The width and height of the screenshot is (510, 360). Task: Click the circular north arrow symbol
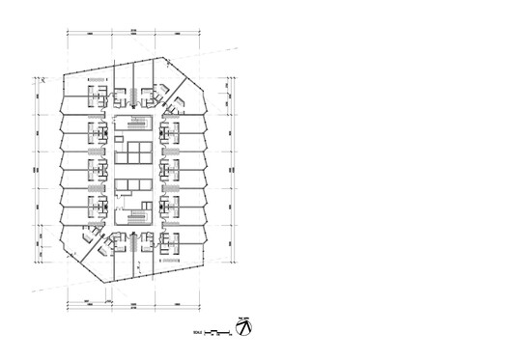(246, 329)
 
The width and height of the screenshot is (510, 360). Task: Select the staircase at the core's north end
(134, 125)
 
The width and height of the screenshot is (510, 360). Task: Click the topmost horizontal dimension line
(134, 34)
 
